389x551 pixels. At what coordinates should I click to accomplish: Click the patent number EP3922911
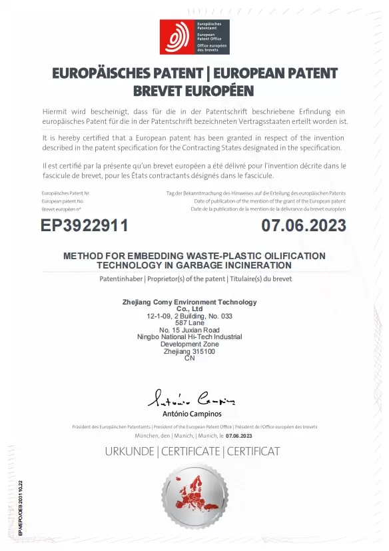click(x=84, y=225)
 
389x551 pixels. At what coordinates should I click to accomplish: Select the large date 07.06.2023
click(x=304, y=225)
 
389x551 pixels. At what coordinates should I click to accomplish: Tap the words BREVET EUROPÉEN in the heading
click(x=194, y=90)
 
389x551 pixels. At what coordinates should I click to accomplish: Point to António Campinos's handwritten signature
click(x=191, y=399)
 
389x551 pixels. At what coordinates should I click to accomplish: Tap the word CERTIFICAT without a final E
click(x=254, y=452)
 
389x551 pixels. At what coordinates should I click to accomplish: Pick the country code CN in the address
click(x=190, y=358)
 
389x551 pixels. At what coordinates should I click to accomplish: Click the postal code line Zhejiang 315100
click(x=190, y=351)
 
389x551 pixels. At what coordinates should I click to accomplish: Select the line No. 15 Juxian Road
click(x=190, y=330)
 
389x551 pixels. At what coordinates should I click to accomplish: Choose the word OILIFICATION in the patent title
click(x=292, y=256)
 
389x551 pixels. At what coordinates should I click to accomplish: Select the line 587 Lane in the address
click(x=190, y=323)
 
